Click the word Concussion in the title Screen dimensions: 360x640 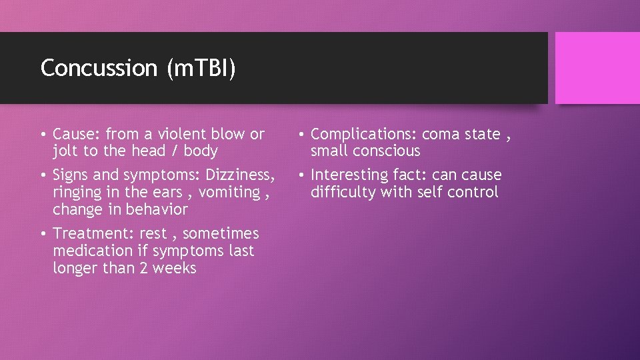coord(97,68)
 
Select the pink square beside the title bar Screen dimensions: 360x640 coord(597,68)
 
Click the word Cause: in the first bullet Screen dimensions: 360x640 coord(77,134)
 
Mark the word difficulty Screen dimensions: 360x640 coord(341,193)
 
